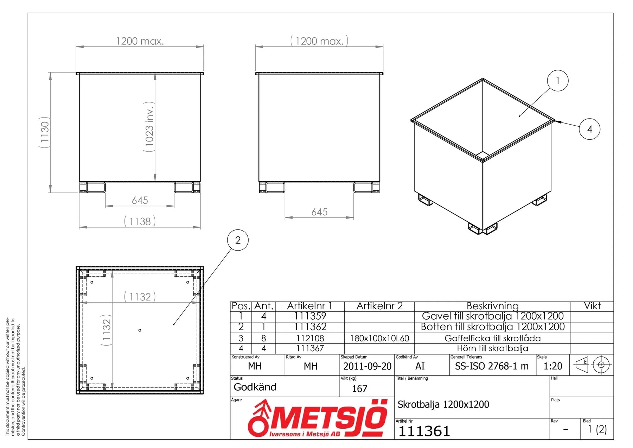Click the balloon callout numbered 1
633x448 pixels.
pyautogui.click(x=557, y=81)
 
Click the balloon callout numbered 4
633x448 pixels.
pyautogui.click(x=589, y=129)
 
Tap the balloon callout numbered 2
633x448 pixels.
pyautogui.click(x=238, y=240)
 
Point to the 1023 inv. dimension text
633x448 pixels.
pyautogui.click(x=149, y=127)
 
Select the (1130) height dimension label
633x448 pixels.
pyautogui.click(x=44, y=132)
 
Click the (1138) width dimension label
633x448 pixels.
pyautogui.click(x=140, y=221)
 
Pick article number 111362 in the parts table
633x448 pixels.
pyautogui.click(x=310, y=327)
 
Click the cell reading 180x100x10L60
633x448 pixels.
pyautogui.click(x=379, y=338)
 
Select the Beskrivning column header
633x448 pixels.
pyautogui.click(x=492, y=306)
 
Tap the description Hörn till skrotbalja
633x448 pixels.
pyautogui.click(x=492, y=348)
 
